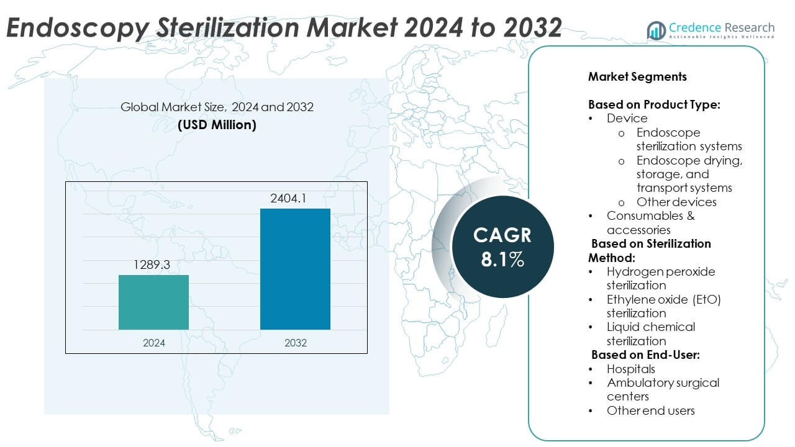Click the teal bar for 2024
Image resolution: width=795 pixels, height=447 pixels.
[x=153, y=302]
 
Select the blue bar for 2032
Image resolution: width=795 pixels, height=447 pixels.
[x=295, y=269]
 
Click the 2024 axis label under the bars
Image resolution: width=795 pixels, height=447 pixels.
[x=153, y=342]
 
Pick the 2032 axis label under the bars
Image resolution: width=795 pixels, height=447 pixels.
[x=295, y=342]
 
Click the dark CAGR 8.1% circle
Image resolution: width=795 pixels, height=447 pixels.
[x=502, y=246]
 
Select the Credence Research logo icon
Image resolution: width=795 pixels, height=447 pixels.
[x=656, y=30]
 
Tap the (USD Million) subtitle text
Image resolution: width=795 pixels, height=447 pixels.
[x=217, y=124]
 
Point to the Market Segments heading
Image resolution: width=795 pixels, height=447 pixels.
[x=637, y=77]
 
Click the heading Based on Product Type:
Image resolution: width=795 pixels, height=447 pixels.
[x=654, y=104]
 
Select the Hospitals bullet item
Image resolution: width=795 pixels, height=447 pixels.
[x=631, y=369]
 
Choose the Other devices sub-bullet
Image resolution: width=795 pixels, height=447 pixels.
[x=676, y=202]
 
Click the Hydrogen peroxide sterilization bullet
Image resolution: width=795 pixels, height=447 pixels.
[x=660, y=278]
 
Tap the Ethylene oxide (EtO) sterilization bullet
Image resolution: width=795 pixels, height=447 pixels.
[x=663, y=306]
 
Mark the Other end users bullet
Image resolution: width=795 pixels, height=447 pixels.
[x=650, y=410]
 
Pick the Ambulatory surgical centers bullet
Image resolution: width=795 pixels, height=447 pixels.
[x=662, y=389]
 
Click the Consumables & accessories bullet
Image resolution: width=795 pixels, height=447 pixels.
[x=650, y=222]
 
